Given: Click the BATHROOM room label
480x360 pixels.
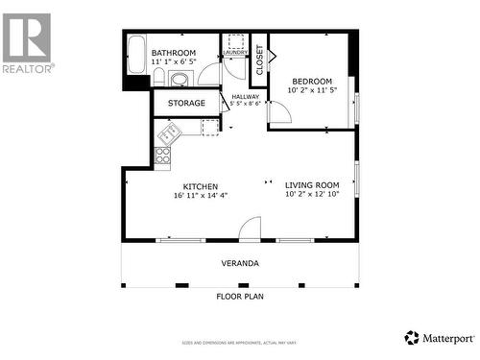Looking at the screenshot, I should pos(174,53).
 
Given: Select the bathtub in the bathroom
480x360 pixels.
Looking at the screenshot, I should pos(135,59).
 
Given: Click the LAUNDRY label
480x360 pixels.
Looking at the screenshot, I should pos(235,53).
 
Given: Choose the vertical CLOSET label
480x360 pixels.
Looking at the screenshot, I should pos(260,60).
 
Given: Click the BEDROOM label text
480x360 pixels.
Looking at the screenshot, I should pos(312,82).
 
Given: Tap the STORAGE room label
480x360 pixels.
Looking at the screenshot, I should pos(186,103).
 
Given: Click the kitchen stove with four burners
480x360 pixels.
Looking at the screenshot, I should pos(163,153).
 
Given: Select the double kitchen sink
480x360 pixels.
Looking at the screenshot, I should pos(170,132).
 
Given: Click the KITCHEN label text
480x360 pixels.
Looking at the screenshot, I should pos(201,186).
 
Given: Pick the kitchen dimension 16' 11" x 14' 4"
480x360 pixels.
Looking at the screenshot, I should pos(201,196).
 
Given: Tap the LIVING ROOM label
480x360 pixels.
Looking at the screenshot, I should pos(312,185).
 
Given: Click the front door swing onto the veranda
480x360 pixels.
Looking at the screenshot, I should pos(250,229).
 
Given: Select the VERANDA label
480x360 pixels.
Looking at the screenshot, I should pos(240,263).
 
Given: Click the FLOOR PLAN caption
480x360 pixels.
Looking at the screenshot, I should pos(239,297).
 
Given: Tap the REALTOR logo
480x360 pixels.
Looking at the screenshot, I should pos(27,43).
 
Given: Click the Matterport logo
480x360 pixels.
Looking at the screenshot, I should pos(439,337).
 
